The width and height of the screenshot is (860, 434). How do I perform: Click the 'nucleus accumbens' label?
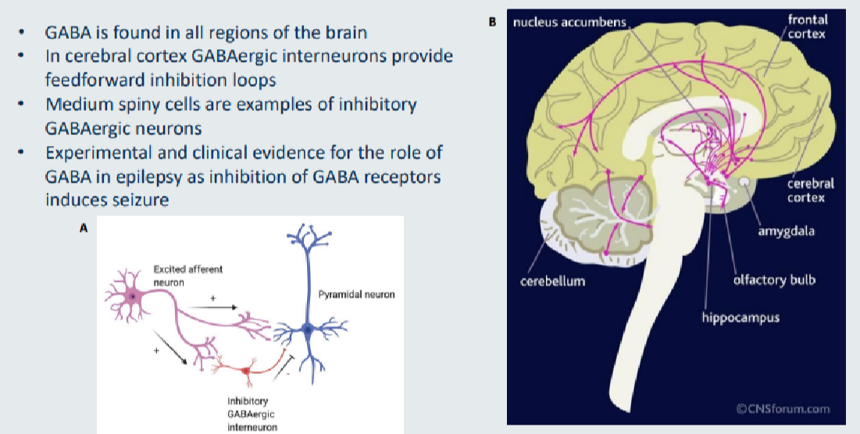click(569, 22)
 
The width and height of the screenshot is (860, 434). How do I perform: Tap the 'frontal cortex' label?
click(807, 27)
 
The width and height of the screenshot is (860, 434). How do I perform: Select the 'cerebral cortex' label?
click(811, 190)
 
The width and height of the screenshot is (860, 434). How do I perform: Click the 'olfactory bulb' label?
click(773, 279)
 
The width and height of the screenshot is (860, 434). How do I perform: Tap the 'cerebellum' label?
click(552, 281)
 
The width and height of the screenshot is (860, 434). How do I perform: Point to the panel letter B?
click(492, 23)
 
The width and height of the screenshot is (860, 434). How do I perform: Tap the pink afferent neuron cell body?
click(134, 297)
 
